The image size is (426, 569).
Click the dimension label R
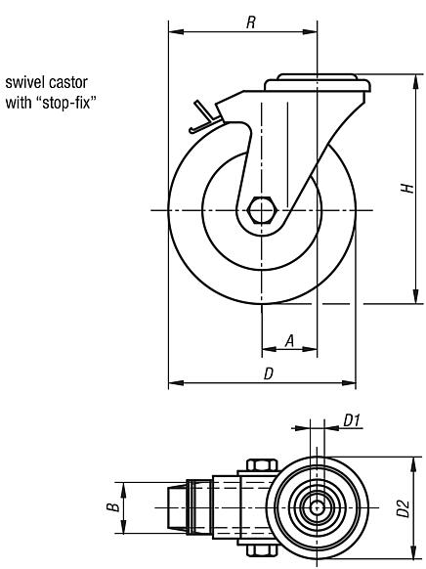pyautogui.click(x=251, y=22)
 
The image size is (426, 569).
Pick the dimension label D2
pyautogui.click(x=402, y=509)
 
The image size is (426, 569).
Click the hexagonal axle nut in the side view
pyautogui.click(x=263, y=209)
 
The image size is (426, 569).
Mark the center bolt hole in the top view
pyautogui.click(x=318, y=508)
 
